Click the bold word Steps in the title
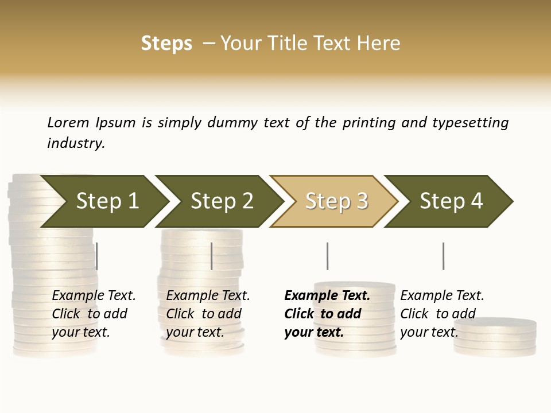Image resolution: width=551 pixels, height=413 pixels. [166, 44]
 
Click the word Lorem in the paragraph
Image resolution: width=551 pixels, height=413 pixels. [68, 123]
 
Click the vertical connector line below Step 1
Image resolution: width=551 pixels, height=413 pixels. [97, 256]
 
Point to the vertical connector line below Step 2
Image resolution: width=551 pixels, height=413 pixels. [212, 256]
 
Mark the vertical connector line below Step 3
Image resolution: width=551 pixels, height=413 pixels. [327, 256]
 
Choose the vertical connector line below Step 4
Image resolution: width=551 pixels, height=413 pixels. [443, 256]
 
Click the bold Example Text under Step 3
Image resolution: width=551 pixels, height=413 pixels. [327, 296]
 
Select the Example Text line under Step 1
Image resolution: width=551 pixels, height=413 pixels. [94, 296]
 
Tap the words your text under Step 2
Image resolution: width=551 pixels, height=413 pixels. [195, 333]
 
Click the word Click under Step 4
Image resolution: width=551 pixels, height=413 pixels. [414, 314]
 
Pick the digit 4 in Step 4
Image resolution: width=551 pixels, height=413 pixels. [476, 201]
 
